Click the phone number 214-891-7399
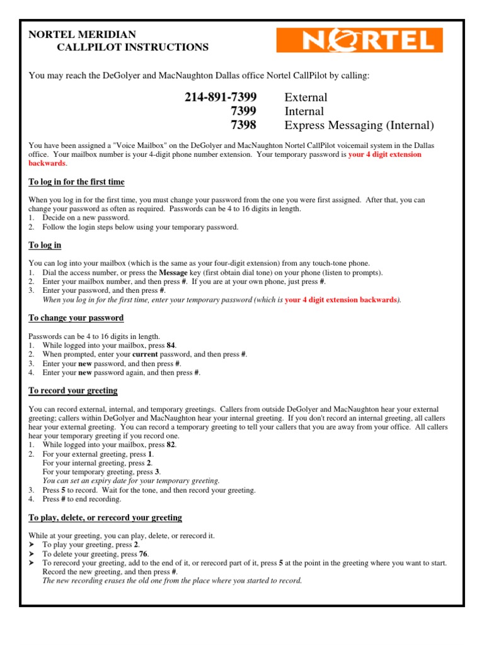click(x=221, y=97)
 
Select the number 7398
click(x=244, y=125)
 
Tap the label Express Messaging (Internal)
click(x=359, y=125)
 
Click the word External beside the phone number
click(x=306, y=97)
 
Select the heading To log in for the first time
click(x=77, y=182)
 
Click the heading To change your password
click(x=76, y=317)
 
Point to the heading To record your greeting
click(x=73, y=391)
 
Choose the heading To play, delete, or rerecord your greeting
click(x=105, y=517)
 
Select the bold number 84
click(x=171, y=346)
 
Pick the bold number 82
click(x=171, y=445)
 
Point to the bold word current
click(x=145, y=355)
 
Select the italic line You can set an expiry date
click(x=131, y=480)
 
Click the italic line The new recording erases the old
click(x=172, y=581)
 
